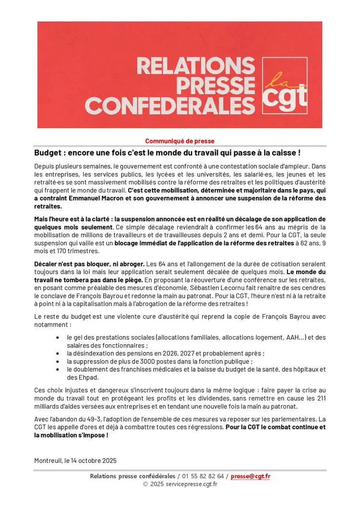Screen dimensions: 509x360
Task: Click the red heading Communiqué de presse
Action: [x=180, y=141]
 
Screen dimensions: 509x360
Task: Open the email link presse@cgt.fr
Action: [x=250, y=476]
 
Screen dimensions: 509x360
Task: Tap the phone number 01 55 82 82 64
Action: [x=204, y=476]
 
